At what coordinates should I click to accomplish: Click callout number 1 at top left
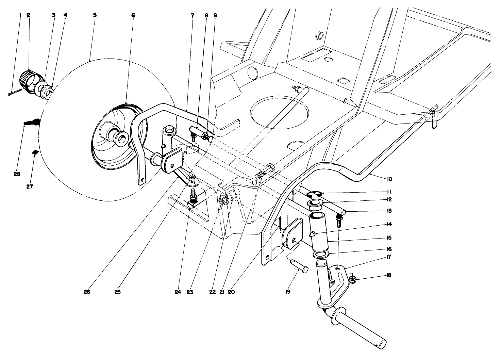tap(20, 15)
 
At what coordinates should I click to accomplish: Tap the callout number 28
tap(17, 174)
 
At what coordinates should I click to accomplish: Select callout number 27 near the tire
tap(30, 186)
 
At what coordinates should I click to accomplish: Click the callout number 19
tap(288, 292)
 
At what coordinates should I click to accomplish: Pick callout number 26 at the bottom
tap(87, 292)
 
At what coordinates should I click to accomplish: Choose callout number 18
tap(389, 275)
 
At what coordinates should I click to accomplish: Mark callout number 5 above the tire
tap(95, 15)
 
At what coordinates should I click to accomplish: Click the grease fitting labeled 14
tap(312, 234)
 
